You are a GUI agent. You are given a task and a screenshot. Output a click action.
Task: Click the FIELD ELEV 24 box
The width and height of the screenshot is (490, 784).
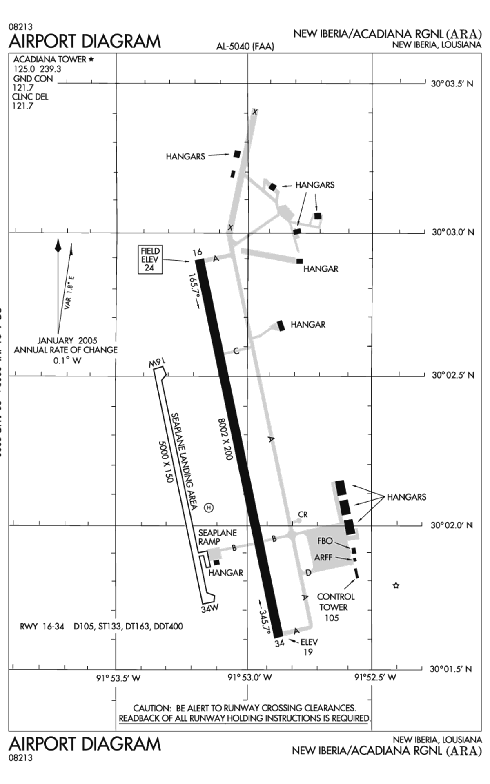(x=150, y=259)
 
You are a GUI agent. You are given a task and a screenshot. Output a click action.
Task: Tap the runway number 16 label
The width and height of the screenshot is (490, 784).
(x=197, y=252)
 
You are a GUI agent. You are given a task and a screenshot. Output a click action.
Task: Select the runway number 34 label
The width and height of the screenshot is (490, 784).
(x=279, y=644)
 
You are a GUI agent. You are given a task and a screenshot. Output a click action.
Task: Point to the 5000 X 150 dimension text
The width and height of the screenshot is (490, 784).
(x=165, y=461)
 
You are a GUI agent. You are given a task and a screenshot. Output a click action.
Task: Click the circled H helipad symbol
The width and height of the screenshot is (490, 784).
(x=209, y=508)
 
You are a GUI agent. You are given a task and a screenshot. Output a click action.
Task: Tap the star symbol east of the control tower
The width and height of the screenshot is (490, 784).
(x=396, y=586)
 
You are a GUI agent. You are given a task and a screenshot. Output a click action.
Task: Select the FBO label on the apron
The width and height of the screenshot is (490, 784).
(x=325, y=541)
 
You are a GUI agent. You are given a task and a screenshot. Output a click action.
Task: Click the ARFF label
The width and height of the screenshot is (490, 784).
(x=323, y=557)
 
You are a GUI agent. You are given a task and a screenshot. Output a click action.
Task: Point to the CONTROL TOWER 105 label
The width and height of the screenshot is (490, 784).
(x=336, y=607)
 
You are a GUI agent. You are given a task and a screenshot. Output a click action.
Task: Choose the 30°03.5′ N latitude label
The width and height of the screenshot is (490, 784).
(x=452, y=84)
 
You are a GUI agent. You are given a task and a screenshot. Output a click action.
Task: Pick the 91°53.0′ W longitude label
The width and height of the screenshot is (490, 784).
(x=249, y=678)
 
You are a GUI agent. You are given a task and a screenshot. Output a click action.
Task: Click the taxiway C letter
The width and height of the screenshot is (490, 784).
(x=236, y=351)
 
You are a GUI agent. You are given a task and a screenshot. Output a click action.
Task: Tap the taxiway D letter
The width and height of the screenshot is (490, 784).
(x=308, y=573)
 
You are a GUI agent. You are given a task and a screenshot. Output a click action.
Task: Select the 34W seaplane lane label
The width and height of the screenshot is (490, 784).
(x=210, y=608)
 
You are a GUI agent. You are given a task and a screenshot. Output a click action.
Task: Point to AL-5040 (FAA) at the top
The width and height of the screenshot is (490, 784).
(x=245, y=47)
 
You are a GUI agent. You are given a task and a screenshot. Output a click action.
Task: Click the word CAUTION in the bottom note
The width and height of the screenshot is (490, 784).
(x=151, y=708)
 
